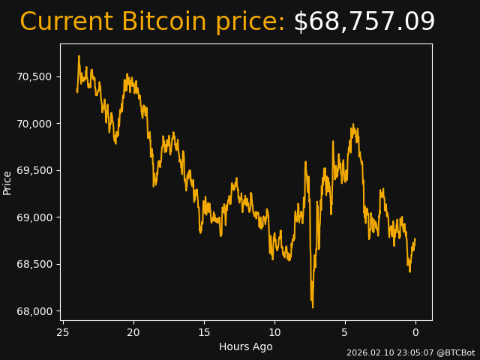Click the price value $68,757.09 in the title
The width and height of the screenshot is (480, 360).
pos(364,22)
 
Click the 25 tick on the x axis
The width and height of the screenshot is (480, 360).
pos(63,332)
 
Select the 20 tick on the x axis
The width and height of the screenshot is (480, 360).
pos(133,332)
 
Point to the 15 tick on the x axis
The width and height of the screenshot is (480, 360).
pos(204,332)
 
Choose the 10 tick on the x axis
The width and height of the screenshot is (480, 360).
pos(274,332)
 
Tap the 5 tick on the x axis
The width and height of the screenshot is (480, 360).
pos(345,332)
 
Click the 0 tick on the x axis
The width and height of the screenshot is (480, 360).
pos(415,332)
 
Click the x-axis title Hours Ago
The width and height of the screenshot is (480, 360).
pos(245,346)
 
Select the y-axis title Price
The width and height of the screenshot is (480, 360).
pos(7,182)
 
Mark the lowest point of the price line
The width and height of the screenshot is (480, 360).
pos(312,307)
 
